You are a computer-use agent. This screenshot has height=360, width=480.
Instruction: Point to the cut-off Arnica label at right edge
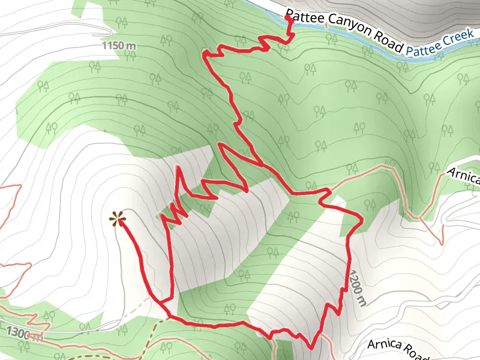[464, 177]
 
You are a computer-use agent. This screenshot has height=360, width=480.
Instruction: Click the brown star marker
[117, 219]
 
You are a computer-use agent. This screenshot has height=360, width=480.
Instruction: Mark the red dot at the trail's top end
[289, 19]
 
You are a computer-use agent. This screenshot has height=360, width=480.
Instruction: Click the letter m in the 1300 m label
[39, 338]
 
